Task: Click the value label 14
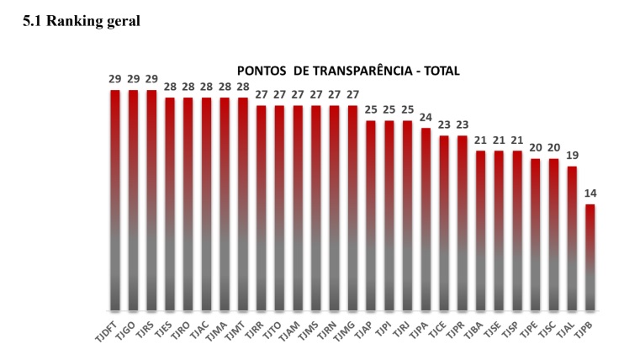590,193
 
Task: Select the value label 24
426,117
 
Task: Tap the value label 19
572,156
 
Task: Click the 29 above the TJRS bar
151,79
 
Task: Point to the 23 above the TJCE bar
444,124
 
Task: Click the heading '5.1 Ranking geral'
82,21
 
